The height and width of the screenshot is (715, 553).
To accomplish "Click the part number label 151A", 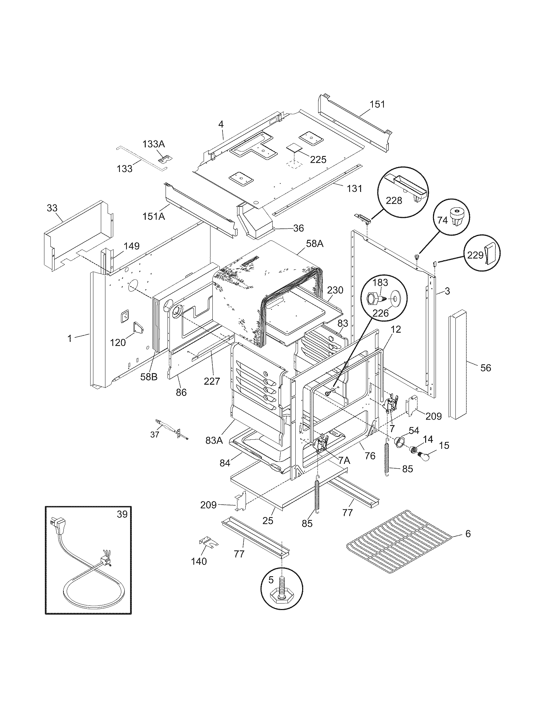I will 154,216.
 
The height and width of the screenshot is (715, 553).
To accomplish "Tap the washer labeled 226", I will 396,299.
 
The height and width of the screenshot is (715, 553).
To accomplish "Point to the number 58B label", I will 149,377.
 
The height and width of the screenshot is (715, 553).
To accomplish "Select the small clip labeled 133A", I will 165,159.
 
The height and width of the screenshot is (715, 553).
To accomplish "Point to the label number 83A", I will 214,440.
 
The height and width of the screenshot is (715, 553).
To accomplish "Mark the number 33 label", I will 52,208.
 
